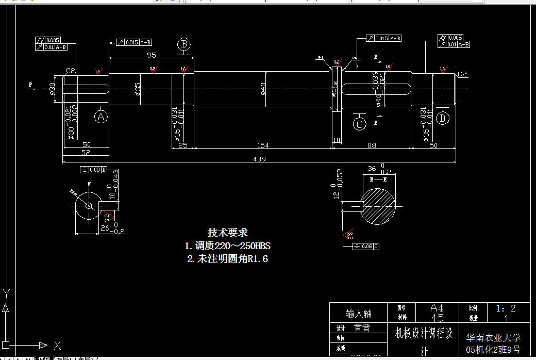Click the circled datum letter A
point(100,117)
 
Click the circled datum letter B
point(184,44)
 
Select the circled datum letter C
point(359,124)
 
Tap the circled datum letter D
point(443,118)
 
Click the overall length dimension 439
point(259,159)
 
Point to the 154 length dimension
point(263,145)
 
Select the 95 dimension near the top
point(152,55)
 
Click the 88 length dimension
point(371,145)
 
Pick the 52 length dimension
point(86,153)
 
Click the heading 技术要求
point(228,233)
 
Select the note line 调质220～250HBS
point(228,246)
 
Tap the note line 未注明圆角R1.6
point(227,258)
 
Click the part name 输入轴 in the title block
point(358,314)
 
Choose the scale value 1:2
point(506,308)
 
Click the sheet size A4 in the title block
point(437,308)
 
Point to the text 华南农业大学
point(493,338)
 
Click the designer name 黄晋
point(362,328)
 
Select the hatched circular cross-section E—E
point(379,206)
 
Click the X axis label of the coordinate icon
point(57,345)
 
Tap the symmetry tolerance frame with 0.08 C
point(367,246)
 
